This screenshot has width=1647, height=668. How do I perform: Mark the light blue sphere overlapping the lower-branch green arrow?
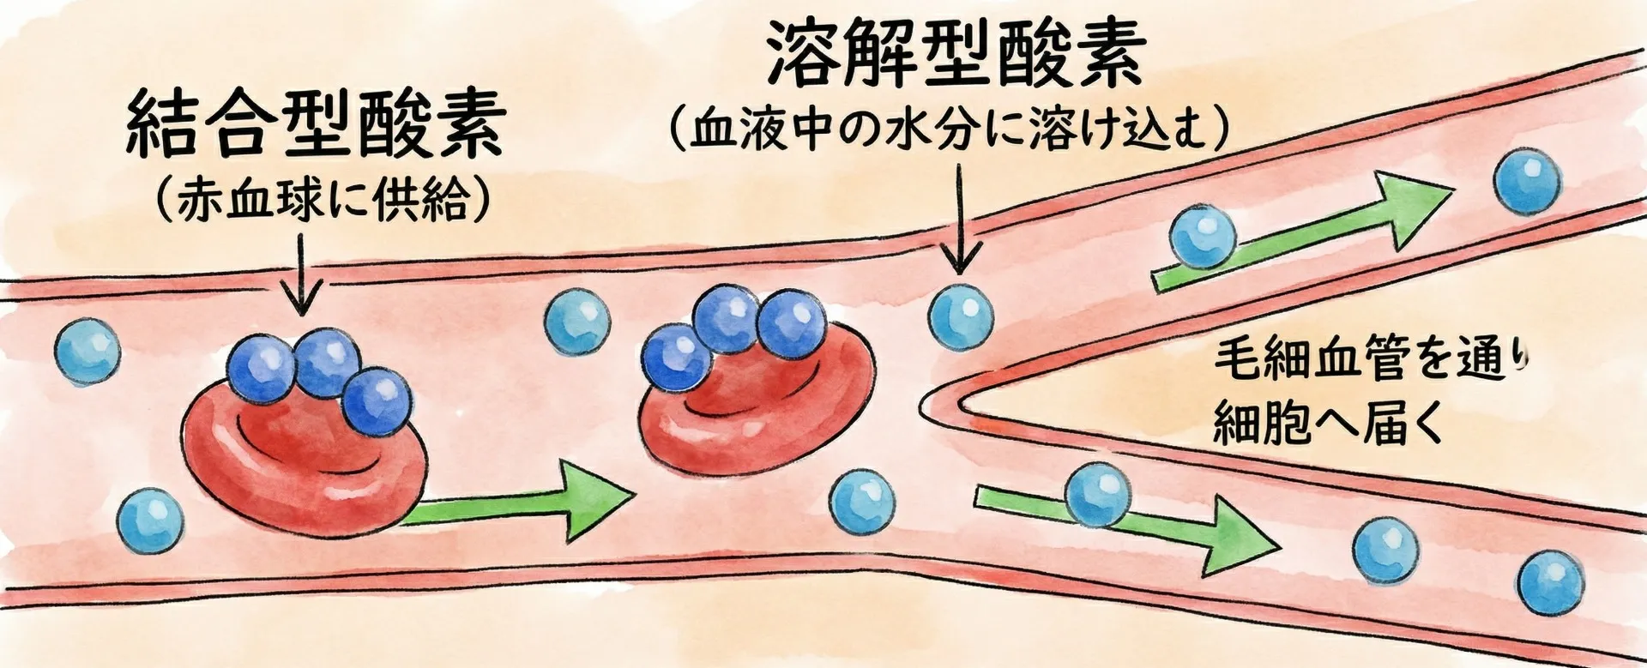pos(1097,494)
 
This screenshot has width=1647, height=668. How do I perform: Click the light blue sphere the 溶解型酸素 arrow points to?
pos(962,316)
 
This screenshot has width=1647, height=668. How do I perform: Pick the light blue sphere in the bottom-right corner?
pos(1550,581)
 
